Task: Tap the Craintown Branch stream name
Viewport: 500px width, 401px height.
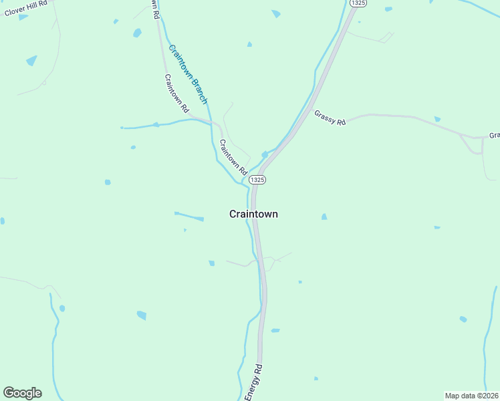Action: (188, 74)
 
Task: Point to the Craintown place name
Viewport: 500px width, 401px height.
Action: (253, 214)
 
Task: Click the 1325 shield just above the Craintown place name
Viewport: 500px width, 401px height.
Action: (257, 180)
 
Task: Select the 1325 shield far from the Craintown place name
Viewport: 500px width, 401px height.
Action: (358, 4)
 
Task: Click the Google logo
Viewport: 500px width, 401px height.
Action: (22, 393)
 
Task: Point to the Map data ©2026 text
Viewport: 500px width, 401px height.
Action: (471, 396)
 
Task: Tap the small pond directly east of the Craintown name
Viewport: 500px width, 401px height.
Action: (324, 217)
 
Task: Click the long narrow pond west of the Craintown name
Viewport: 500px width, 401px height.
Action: (189, 216)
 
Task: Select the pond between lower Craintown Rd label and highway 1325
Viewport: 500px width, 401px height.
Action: (265, 154)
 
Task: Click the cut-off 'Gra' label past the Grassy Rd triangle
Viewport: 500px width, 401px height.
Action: (494, 135)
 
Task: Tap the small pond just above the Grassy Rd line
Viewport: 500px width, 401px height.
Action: (437, 119)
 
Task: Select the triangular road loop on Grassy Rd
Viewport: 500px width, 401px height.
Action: (472, 144)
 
